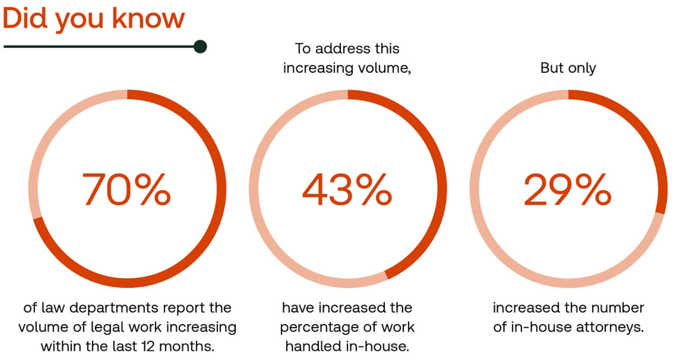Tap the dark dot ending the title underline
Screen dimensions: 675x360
(200, 47)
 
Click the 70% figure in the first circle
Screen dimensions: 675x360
(126, 190)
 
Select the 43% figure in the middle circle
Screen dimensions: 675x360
(347, 190)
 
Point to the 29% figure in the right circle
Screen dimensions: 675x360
(568, 190)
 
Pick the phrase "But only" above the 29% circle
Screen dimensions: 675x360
(568, 68)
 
